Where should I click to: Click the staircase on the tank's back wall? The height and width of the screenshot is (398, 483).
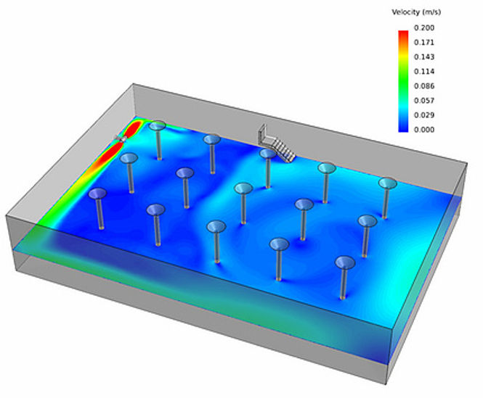click(x=277, y=143)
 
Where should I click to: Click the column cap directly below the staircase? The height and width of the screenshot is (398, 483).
click(x=268, y=153)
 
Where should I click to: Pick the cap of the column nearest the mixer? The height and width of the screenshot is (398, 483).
click(x=157, y=126)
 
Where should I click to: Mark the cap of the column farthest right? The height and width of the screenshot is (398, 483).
click(x=388, y=183)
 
